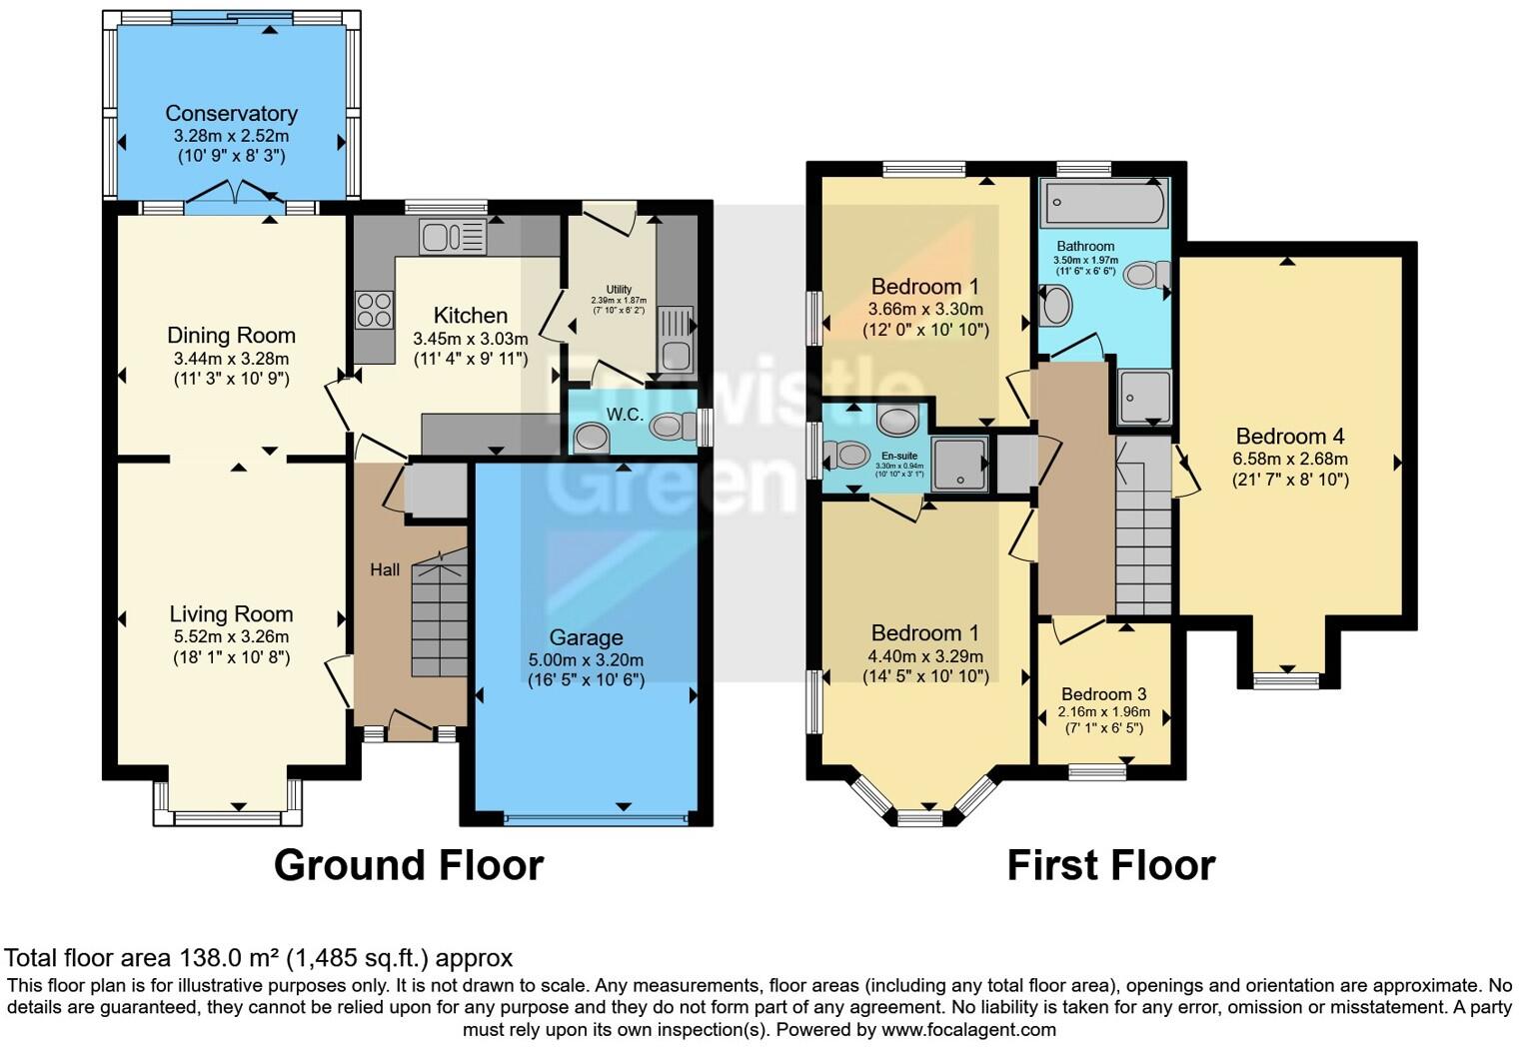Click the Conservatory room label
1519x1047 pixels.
(231, 114)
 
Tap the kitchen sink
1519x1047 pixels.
(453, 237)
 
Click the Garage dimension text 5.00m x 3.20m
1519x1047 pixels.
(586, 660)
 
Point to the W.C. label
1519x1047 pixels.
(625, 415)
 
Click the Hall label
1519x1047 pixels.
(385, 569)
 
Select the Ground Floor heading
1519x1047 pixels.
(409, 865)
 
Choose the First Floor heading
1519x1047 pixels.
(1110, 865)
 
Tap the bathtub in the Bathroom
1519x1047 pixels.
(1104, 204)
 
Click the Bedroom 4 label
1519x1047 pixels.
(1289, 437)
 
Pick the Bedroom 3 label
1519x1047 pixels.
(1103, 694)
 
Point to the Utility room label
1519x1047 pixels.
(619, 290)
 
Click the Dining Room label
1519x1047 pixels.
(231, 336)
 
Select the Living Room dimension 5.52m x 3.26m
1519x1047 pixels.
(231, 637)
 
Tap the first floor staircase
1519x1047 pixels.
(1143, 539)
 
